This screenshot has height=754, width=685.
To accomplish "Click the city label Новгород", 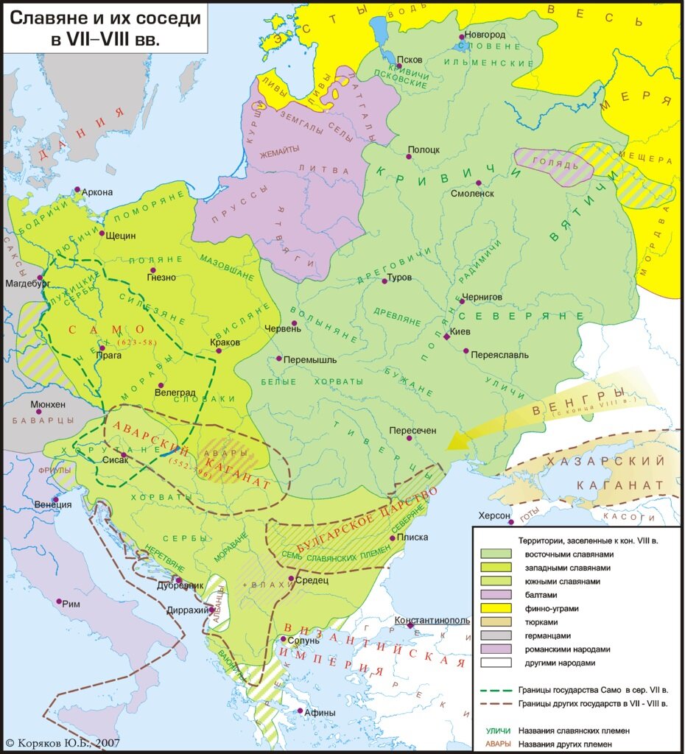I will [485, 35].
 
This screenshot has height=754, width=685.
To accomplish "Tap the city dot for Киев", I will [446, 337].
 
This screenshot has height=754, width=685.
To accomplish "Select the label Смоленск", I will [474, 194].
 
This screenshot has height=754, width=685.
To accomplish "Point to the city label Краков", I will [225, 342].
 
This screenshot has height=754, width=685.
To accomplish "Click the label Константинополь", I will [432, 620].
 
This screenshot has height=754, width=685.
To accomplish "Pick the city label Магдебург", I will [27, 282].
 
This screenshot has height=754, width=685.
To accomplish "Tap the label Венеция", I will [53, 504].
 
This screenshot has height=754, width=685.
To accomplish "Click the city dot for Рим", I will [58, 602].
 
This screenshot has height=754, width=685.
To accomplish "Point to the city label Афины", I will [321, 712].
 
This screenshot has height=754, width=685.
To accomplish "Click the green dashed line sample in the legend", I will [495, 691].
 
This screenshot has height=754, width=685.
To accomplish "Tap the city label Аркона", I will [97, 192].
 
